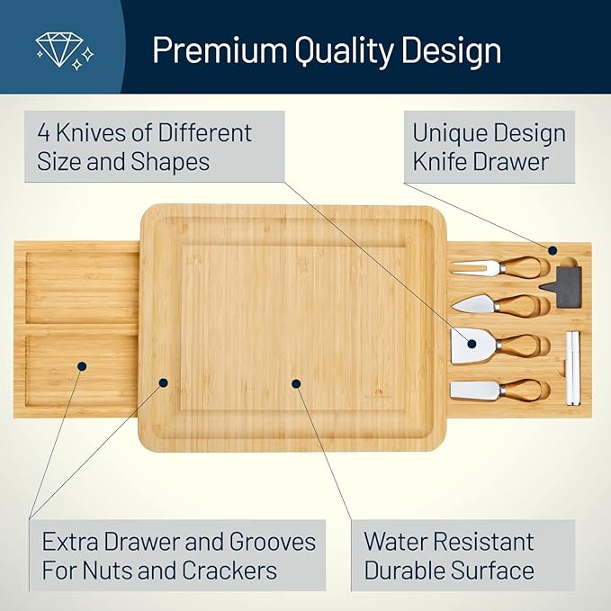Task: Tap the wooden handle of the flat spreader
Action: point(523,390)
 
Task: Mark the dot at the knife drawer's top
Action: point(553,251)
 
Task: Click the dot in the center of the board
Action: point(296,382)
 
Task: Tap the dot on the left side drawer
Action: point(82,366)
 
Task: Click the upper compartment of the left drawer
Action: point(76,288)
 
